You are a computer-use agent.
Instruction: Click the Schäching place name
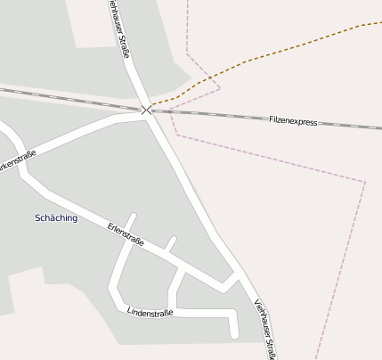[x=55, y=217]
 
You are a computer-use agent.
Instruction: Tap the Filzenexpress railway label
[x=293, y=120]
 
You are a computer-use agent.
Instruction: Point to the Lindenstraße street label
[x=150, y=312]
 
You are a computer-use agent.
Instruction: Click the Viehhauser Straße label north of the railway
[x=118, y=29]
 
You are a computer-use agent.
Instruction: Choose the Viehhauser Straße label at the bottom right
[x=264, y=328]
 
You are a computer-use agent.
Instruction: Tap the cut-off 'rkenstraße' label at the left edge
[x=18, y=161]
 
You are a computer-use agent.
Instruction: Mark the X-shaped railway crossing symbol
[x=146, y=110]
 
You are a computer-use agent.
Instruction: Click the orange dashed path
[x=267, y=53]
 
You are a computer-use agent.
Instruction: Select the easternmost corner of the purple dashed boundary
[x=365, y=183]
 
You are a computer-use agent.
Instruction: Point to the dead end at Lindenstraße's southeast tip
[x=234, y=334]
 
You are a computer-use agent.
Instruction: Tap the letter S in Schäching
[x=37, y=217]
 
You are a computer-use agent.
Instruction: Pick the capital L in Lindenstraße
[x=130, y=311]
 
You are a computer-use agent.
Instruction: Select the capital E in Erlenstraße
[x=110, y=225]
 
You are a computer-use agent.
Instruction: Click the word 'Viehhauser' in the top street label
[x=114, y=16]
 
